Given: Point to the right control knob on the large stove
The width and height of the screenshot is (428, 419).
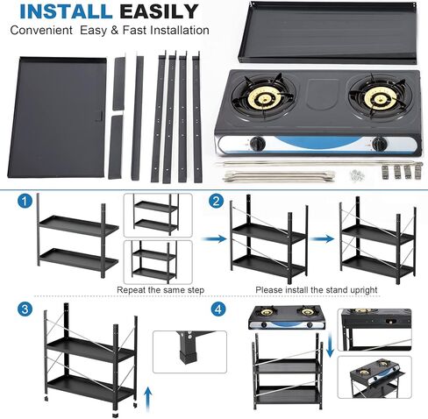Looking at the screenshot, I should pos(379,143).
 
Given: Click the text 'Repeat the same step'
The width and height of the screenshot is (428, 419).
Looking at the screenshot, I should pos(162,288).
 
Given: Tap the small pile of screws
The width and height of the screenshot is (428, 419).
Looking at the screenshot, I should pos(356,174).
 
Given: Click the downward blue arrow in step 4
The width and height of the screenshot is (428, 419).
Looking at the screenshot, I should pos(328,344).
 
